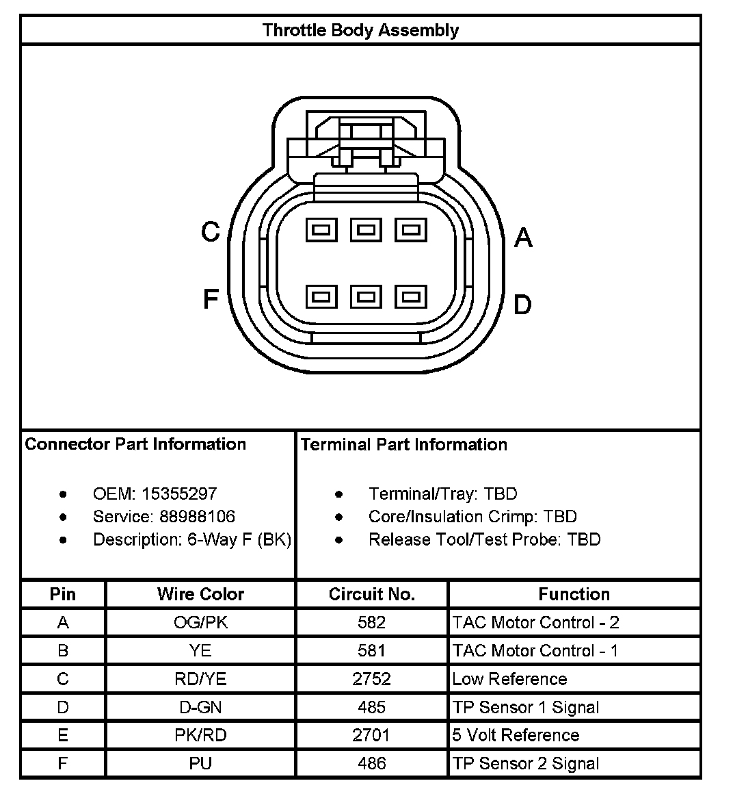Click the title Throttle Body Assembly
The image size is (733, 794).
pyautogui.click(x=360, y=30)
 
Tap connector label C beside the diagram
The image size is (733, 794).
pyautogui.click(x=210, y=232)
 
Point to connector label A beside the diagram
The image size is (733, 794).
pyautogui.click(x=523, y=238)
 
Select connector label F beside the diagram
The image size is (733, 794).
pyautogui.click(x=210, y=298)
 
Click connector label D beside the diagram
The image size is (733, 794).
pyautogui.click(x=522, y=305)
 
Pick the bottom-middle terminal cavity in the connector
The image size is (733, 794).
pyautogui.click(x=366, y=296)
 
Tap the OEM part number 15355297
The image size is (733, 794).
pyautogui.click(x=179, y=494)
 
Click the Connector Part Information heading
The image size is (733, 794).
pyautogui.click(x=135, y=444)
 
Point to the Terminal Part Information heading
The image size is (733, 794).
pyautogui.click(x=403, y=444)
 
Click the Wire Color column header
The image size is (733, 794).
pyautogui.click(x=200, y=593)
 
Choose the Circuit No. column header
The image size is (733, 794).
pyautogui.click(x=371, y=593)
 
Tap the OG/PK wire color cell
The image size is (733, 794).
pyautogui.click(x=200, y=622)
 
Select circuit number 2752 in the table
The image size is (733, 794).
pyautogui.click(x=371, y=679)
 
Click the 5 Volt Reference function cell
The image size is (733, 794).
pyautogui.click(x=516, y=735)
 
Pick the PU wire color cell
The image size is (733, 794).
pyautogui.click(x=200, y=763)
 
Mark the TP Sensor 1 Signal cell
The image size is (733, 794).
pyautogui.click(x=525, y=707)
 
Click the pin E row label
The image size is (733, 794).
pyautogui.click(x=63, y=735)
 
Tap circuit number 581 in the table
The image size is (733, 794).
pyautogui.click(x=371, y=650)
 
